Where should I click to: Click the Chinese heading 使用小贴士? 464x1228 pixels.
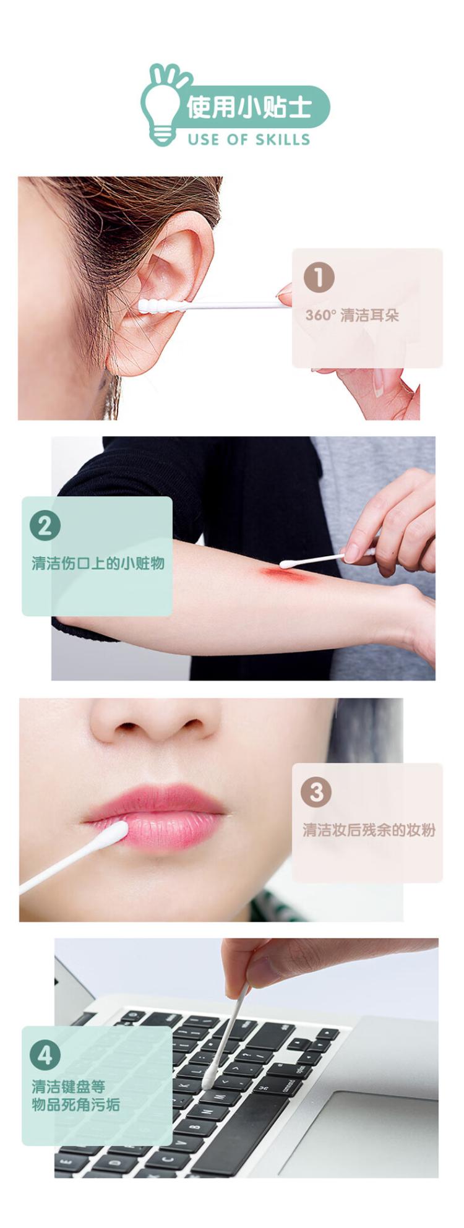point(249,107)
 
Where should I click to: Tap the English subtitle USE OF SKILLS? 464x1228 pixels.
point(249,139)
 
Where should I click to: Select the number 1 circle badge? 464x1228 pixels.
point(319,277)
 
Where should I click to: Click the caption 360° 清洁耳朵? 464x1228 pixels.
point(352,316)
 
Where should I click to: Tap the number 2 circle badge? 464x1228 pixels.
point(45,526)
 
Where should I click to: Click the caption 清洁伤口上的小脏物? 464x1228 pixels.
point(98,563)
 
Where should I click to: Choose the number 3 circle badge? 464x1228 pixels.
point(316,792)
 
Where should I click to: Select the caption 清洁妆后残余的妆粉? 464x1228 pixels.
point(369,830)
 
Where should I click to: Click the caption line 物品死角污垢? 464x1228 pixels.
point(75,1104)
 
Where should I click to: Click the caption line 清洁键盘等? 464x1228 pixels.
point(68,1086)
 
